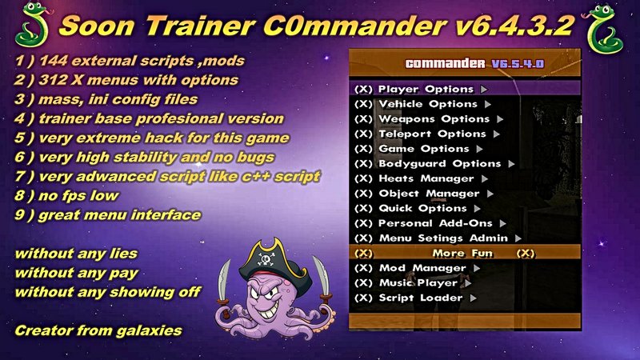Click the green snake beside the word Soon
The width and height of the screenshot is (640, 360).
[33, 25]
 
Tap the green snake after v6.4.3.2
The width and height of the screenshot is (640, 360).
[603, 29]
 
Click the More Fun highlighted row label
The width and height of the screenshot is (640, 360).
[462, 254]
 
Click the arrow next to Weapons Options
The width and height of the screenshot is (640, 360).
[500, 119]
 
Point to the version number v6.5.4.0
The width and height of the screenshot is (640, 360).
[518, 64]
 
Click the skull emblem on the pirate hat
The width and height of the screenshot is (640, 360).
[266, 258]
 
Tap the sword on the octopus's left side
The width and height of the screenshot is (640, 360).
[224, 283]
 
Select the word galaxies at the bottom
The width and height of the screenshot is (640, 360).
[149, 330]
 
